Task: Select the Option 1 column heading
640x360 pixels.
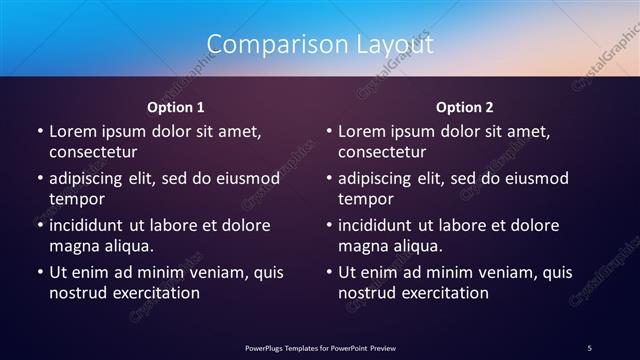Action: (176, 106)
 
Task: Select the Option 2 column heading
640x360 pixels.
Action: (465, 106)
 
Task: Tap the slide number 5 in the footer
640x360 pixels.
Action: (590, 346)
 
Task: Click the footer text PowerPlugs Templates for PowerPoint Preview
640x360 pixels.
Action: (320, 346)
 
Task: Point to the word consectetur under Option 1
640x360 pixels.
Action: (93, 152)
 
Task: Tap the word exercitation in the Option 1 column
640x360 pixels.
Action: (155, 293)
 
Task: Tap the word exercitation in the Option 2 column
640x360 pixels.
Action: (445, 293)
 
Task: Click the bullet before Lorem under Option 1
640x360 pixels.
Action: (39, 131)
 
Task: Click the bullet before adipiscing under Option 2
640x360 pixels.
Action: (329, 178)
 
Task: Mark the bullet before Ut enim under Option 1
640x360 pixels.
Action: (39, 272)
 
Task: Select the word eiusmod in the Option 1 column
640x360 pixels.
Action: (245, 178)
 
